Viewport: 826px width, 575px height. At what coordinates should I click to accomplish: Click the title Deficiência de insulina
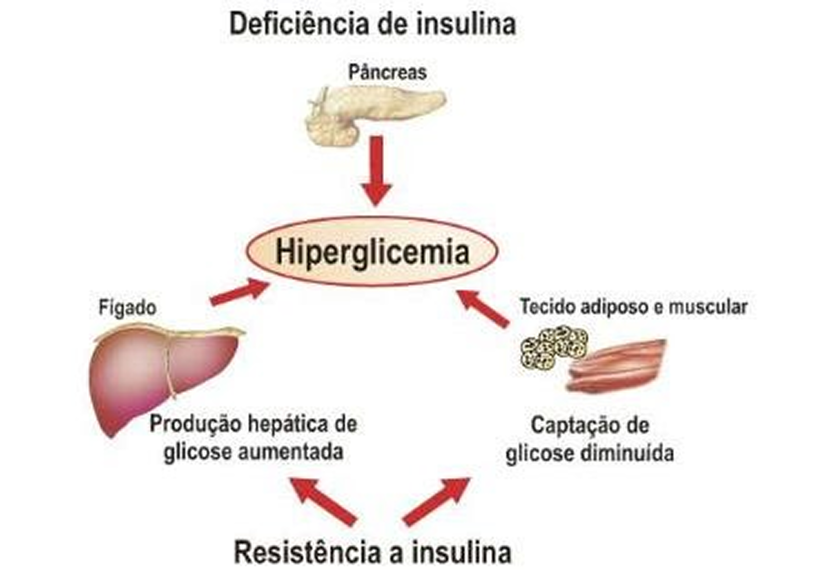(x=372, y=24)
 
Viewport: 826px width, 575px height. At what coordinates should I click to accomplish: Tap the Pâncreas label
(x=387, y=72)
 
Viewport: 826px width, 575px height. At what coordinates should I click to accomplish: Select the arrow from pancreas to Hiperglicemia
(x=376, y=171)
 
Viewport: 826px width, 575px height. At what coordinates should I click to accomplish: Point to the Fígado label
(x=127, y=308)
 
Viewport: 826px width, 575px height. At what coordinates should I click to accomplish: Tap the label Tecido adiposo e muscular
(x=633, y=307)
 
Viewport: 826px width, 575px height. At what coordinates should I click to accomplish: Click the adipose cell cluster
(x=554, y=347)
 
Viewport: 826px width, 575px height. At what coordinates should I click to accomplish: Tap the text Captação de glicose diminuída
(x=589, y=440)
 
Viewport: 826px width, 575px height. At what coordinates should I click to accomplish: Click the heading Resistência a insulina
(x=372, y=552)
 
